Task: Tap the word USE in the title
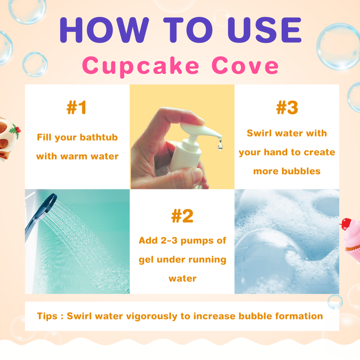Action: pos(264,30)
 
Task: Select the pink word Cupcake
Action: pos(140,66)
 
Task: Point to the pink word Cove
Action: pos(244,65)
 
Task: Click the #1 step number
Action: pos(76,107)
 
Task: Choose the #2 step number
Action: pos(182,216)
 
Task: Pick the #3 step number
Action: pos(287,107)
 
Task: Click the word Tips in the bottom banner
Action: pos(47,316)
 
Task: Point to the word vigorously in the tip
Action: pos(151,316)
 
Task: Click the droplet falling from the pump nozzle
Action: pos(220,144)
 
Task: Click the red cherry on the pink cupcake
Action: pos(346,223)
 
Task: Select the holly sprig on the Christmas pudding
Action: pos(15,130)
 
